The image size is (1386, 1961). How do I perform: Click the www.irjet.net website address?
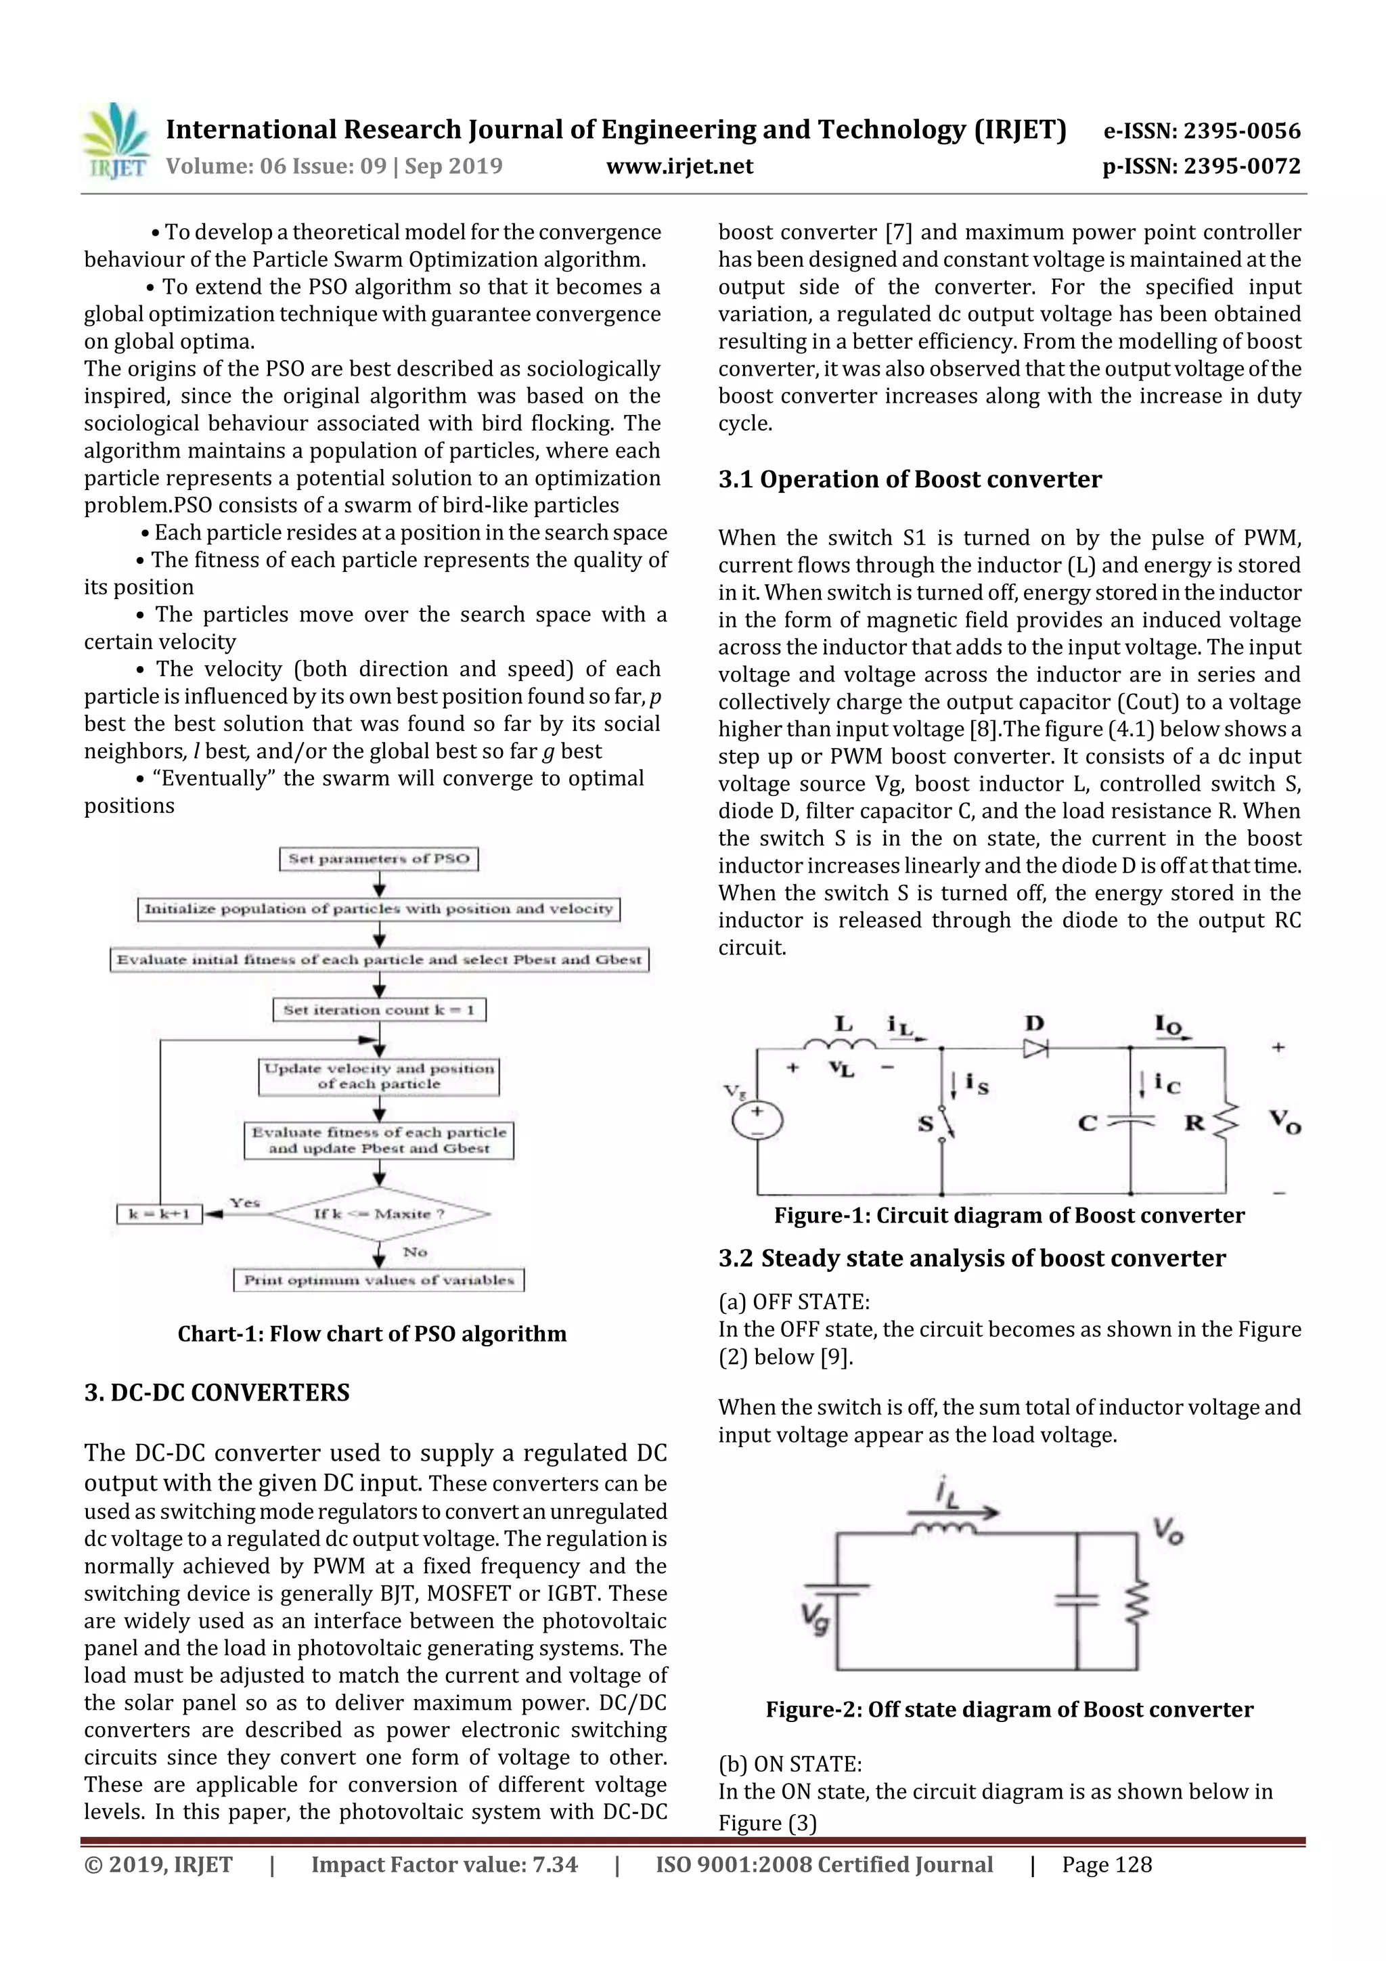[679, 167]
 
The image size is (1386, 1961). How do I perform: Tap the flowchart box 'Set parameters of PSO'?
[378, 858]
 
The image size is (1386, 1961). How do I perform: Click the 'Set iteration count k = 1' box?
[378, 1009]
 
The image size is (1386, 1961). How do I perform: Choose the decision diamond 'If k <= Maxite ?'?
[378, 1214]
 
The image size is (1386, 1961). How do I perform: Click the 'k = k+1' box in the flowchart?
[159, 1214]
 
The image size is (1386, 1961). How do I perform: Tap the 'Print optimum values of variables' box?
[378, 1279]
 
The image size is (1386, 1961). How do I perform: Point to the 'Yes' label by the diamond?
[244, 1202]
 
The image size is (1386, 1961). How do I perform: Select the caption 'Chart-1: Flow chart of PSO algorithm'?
[372, 1334]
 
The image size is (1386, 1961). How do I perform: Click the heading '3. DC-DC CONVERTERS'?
[217, 1393]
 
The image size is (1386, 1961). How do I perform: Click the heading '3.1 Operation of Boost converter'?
[910, 479]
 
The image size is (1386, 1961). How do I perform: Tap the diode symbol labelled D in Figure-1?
[1035, 1047]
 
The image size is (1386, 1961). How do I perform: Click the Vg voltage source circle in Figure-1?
[757, 1120]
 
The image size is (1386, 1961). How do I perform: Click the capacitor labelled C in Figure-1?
[1130, 1122]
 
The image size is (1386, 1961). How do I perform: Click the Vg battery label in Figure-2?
[815, 1617]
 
